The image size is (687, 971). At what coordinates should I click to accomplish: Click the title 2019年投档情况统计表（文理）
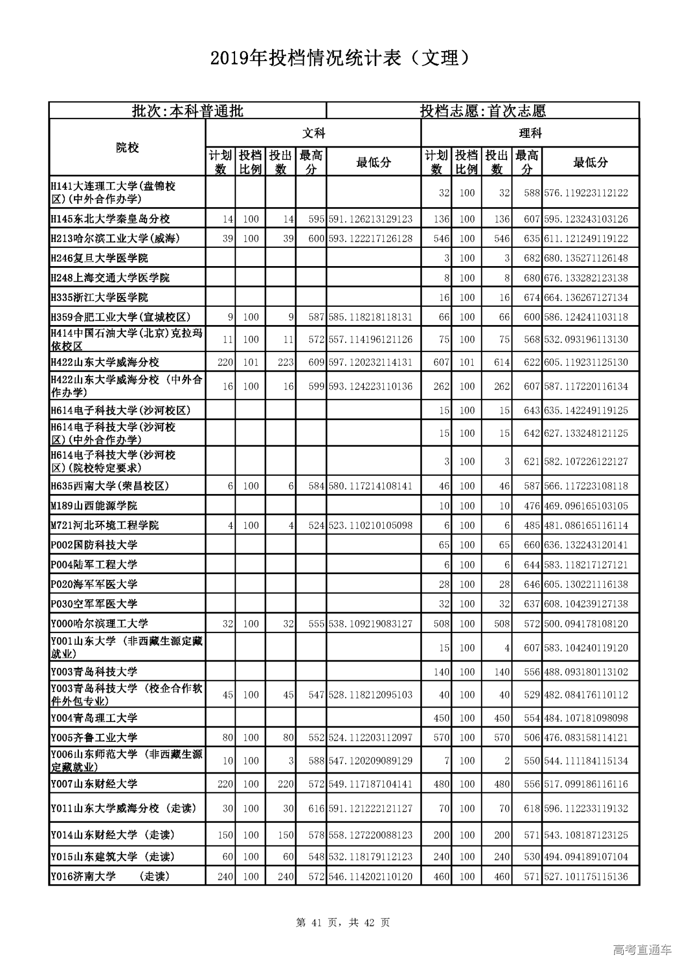343,58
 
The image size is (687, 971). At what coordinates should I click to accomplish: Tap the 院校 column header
127,148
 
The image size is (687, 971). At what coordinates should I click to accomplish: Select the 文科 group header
313,133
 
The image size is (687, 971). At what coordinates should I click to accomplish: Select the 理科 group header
530,133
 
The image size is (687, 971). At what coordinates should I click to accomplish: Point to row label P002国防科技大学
94,545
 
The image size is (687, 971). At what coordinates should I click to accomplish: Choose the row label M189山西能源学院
94,506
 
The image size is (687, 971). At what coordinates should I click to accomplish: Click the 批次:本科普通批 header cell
187,111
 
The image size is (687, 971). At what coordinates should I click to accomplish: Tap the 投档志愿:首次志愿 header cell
483,111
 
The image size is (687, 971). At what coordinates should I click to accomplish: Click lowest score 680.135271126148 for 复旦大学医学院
586,258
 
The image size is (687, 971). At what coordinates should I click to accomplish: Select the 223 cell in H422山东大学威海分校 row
286,363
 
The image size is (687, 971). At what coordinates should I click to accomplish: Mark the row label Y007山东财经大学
94,784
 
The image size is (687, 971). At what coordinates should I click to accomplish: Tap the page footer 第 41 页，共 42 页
343,923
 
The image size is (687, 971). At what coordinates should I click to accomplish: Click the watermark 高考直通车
642,950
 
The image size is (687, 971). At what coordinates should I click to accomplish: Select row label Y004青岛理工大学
94,718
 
